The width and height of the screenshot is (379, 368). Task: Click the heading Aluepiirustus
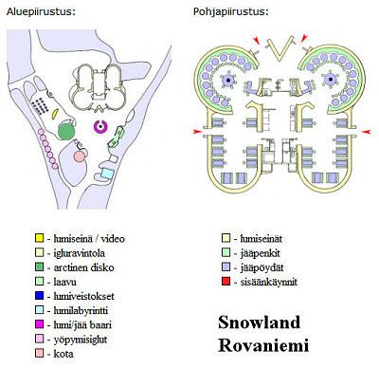tap(41, 12)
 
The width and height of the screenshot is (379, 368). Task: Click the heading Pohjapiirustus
tap(231, 12)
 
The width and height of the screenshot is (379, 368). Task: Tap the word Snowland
tap(259, 322)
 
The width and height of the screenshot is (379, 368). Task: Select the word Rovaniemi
tap(263, 345)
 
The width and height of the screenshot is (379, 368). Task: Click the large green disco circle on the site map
tap(66, 132)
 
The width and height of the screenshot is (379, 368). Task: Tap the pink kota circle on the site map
tap(79, 156)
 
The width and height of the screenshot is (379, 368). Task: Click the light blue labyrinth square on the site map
tap(107, 174)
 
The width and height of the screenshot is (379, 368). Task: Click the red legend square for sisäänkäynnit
tap(226, 282)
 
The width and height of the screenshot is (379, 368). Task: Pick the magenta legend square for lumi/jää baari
tap(39, 324)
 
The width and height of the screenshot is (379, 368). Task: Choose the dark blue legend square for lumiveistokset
tap(39, 296)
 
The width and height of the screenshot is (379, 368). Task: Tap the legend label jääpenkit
tap(260, 253)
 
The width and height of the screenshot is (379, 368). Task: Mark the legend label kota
tap(63, 354)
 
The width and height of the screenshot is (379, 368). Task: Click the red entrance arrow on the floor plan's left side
tap(198, 131)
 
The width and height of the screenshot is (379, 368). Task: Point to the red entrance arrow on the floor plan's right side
tap(366, 131)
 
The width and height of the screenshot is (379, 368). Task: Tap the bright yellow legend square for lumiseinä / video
tap(39, 238)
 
